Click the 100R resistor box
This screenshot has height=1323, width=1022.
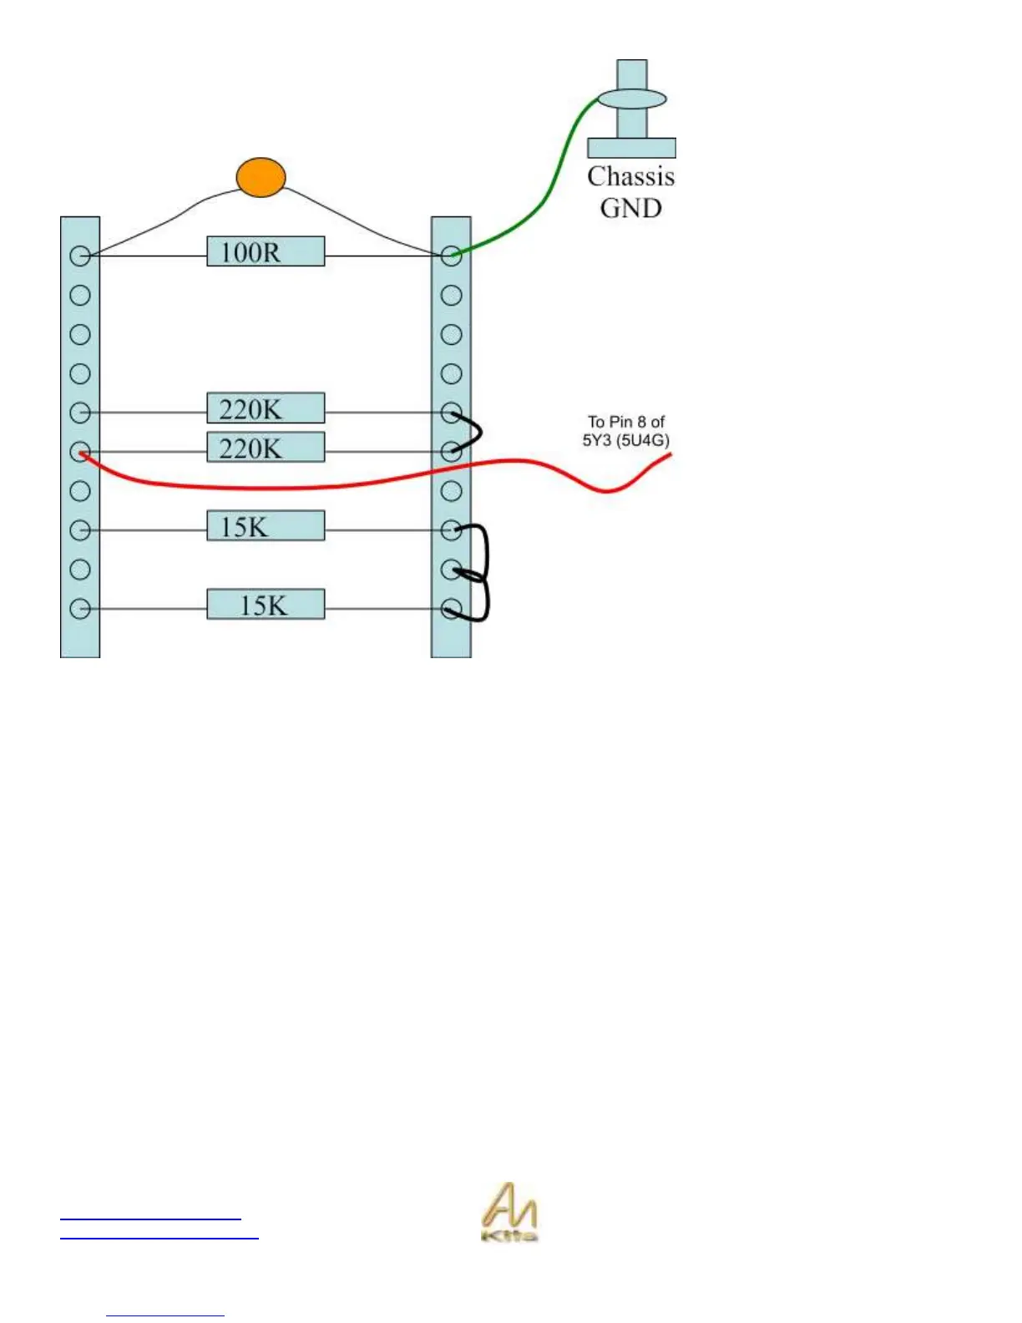pos(266,251)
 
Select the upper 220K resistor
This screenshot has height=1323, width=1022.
pos(266,408)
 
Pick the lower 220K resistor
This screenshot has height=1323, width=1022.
pos(266,448)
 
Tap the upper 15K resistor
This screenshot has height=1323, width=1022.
pos(266,526)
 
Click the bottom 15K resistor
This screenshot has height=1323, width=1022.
pos(266,605)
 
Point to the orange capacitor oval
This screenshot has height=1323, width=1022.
pos(261,177)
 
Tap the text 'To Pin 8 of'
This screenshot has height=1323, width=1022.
pos(626,422)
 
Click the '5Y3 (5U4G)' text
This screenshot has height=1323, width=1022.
pos(626,440)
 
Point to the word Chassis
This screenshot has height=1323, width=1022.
pos(630,176)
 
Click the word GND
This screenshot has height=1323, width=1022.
pos(630,207)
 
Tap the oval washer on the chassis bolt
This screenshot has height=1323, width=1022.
pos(632,99)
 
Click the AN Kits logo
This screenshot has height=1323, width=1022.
pos(509,1212)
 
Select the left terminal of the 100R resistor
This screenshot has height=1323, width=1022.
pos(80,256)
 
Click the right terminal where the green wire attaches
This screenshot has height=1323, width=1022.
pos(451,256)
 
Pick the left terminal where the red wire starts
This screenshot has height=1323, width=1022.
pos(80,452)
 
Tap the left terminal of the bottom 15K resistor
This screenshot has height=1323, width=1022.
pos(80,609)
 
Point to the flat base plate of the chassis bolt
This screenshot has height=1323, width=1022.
pos(631,148)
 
